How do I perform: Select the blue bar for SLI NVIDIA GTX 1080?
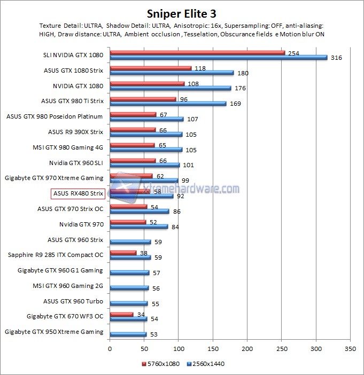pyautogui.click(x=218, y=58)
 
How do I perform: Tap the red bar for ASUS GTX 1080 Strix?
pyautogui.click(x=150, y=68)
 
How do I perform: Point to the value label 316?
pyautogui.click(x=337, y=58)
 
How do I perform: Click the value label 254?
pyautogui.click(x=293, y=53)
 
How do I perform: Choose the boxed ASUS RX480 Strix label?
pyautogui.click(x=78, y=193)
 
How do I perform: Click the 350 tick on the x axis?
pyautogui.click(x=350, y=348)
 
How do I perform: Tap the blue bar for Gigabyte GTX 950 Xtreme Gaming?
pyautogui.click(x=128, y=334)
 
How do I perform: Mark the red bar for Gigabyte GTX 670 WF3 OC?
pyautogui.click(x=121, y=315)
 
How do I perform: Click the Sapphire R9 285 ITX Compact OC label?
pyautogui.click(x=56, y=255)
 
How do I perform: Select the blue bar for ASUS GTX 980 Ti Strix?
pyautogui.click(x=168, y=104)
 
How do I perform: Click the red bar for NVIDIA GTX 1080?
pyautogui.click(x=147, y=83)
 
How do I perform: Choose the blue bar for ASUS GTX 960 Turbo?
pyautogui.click(x=128, y=303)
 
